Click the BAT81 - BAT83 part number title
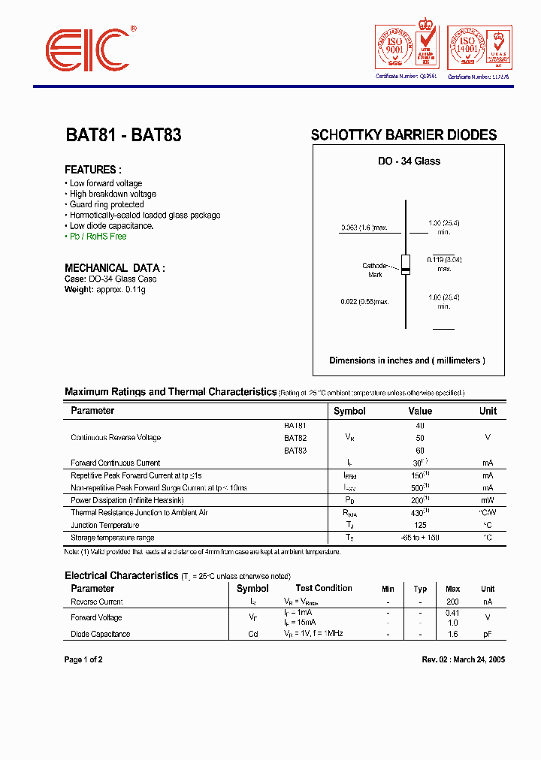(x=123, y=136)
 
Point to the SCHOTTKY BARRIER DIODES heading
(x=403, y=136)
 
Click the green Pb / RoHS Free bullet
(x=97, y=237)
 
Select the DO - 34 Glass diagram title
(x=409, y=161)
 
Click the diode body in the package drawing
(x=406, y=264)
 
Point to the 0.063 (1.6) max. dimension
(x=364, y=228)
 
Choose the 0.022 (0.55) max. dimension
(x=364, y=302)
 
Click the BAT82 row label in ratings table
(x=295, y=438)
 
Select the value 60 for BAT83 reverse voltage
(x=420, y=451)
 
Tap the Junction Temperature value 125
(x=420, y=526)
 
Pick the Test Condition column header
(x=324, y=589)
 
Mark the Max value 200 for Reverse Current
(x=453, y=602)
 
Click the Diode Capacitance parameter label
(x=101, y=635)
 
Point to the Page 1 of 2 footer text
(x=83, y=660)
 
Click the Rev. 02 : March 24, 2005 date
(x=463, y=660)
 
